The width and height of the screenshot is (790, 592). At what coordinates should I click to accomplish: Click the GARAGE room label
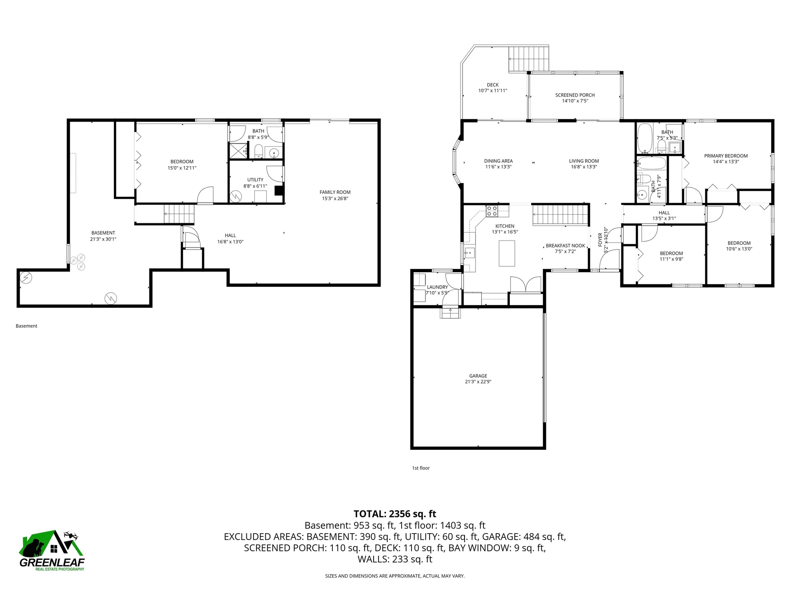[x=478, y=376]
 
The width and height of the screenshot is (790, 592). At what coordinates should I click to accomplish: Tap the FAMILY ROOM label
[x=335, y=192]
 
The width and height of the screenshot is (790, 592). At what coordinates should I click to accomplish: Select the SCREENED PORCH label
[x=575, y=95]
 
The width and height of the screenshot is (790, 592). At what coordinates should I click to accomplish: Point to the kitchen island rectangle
[x=507, y=254]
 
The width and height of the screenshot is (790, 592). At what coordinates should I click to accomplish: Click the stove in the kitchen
[x=492, y=211]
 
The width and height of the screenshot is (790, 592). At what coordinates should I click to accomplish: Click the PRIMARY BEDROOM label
[x=726, y=156]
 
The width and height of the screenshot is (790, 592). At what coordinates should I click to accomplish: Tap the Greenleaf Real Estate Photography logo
[x=52, y=550]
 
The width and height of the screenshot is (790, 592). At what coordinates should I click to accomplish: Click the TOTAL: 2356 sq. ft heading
[x=395, y=514]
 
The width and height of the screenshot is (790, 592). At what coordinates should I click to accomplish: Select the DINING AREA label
[x=498, y=161]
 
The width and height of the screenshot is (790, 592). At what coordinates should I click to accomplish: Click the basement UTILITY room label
[x=255, y=180]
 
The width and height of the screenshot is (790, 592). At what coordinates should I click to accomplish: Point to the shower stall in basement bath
[x=239, y=150]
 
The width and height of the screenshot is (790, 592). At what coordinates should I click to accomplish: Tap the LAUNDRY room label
[x=437, y=287]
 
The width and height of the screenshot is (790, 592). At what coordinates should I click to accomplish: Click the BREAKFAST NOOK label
[x=565, y=246]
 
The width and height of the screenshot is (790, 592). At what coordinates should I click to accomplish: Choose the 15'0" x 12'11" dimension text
[x=182, y=168]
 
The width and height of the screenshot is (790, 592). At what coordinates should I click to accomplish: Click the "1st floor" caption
[x=421, y=468]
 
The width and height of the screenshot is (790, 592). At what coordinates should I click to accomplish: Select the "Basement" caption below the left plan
[x=26, y=326]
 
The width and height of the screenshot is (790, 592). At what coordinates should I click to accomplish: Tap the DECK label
[x=493, y=85]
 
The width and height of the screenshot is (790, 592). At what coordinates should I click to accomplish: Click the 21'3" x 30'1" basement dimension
[x=103, y=239]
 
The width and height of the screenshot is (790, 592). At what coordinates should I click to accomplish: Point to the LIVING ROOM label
[x=584, y=161]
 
